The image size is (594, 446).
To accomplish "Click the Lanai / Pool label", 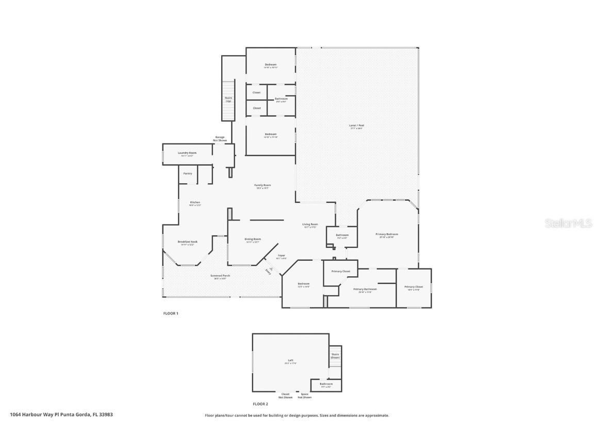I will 357,125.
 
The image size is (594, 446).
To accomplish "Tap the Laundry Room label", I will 187,153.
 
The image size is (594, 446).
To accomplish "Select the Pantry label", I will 188,173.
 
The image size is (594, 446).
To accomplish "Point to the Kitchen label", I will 195,203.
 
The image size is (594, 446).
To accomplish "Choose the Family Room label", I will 262,186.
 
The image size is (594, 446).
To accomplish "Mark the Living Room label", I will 310,225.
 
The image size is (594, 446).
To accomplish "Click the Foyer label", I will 282,256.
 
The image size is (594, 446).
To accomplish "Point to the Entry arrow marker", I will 269,269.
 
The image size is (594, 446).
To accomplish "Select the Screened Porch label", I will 220,276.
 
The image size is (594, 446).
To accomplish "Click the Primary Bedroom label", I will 387,235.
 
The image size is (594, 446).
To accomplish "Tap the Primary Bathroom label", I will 365,290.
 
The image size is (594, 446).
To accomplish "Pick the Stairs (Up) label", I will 228,99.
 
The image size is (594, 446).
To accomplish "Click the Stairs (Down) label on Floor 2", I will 335,356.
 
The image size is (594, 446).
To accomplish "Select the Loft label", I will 290,361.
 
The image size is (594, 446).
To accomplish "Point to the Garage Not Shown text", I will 220,138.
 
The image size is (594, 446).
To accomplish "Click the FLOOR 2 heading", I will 260,404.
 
